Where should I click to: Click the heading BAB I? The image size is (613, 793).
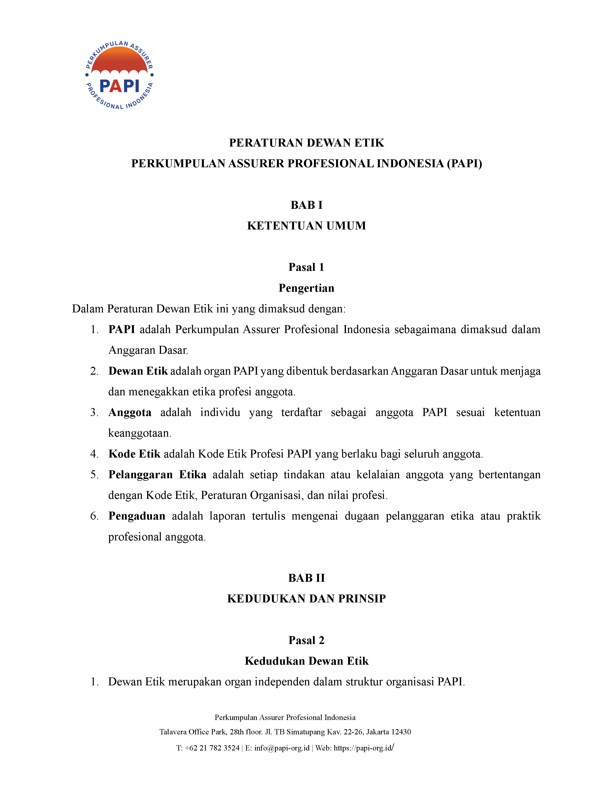[306, 205]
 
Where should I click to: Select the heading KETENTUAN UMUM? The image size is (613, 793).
[306, 226]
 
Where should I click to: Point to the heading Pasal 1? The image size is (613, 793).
[306, 267]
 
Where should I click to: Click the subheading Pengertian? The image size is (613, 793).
[306, 288]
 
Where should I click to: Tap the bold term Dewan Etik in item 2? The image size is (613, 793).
[138, 371]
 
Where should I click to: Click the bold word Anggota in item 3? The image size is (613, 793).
[130, 412]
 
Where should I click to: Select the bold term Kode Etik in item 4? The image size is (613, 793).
[134, 454]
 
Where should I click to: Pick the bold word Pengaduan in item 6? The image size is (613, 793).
[137, 516]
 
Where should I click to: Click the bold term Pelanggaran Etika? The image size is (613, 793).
[157, 475]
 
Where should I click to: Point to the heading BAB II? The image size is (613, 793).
[306, 578]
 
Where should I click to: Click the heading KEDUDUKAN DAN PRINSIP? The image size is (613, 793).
[306, 599]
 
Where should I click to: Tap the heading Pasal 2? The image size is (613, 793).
[306, 640]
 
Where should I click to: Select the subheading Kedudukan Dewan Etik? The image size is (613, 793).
[306, 661]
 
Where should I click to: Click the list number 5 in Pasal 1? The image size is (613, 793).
[94, 475]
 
